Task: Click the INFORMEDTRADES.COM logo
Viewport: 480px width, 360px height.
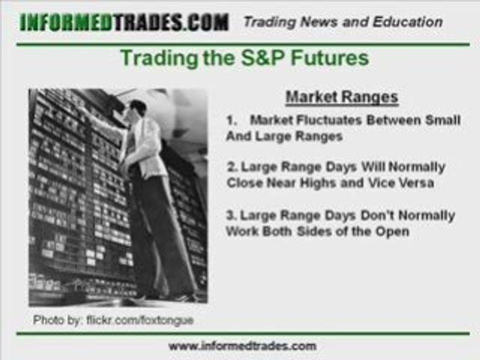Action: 124,22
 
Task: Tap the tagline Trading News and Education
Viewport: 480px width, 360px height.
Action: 342,22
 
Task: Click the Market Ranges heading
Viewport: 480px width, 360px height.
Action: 342,96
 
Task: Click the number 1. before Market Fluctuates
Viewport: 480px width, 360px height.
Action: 231,120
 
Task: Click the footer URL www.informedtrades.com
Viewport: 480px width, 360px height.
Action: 242,345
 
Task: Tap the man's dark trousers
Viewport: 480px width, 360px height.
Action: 160,225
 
